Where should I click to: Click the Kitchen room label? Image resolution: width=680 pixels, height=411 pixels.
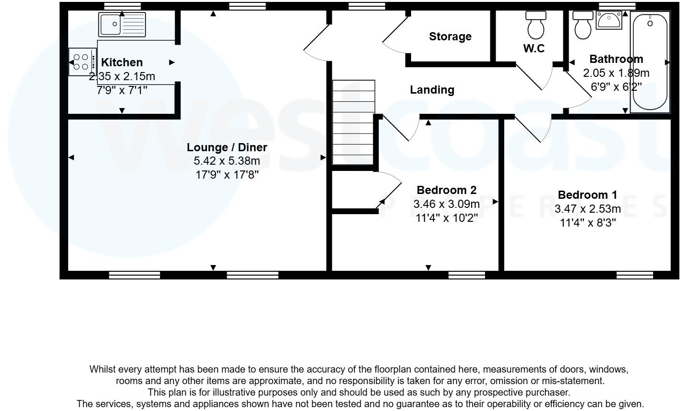click(x=122, y=62)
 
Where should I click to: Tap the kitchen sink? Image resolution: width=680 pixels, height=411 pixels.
click(x=121, y=24)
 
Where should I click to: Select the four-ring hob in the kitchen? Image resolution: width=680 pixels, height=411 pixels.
click(x=82, y=62)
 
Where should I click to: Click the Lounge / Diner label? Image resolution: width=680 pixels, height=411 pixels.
click(x=227, y=147)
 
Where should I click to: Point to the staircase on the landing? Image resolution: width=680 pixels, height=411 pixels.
click(x=353, y=123)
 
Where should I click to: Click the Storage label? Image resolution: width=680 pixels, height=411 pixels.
click(x=450, y=36)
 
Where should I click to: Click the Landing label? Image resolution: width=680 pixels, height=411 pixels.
click(x=432, y=90)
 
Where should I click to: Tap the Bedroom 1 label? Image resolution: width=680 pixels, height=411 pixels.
click(x=587, y=195)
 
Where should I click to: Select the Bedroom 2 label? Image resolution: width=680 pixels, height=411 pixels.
click(x=447, y=190)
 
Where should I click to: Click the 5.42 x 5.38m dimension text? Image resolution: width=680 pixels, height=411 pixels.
click(x=227, y=161)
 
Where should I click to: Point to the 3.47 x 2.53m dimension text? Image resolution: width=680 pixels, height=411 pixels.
click(x=587, y=209)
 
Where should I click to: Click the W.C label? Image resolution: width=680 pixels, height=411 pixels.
click(x=534, y=48)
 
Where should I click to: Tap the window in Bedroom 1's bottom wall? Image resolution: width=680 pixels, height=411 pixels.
click(x=634, y=275)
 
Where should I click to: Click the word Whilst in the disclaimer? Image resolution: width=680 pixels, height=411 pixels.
click(x=103, y=369)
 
